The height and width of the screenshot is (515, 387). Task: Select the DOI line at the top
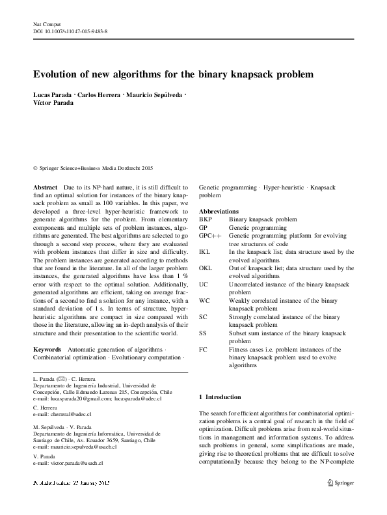[70, 31]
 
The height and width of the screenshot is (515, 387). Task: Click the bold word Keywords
[47, 350]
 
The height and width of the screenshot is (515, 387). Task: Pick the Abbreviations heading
[220, 212]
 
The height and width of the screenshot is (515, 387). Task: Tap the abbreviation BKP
[206, 220]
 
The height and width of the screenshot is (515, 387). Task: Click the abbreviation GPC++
[209, 236]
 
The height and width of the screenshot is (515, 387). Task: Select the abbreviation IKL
[205, 251]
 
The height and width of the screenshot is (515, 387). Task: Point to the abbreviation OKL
[206, 268]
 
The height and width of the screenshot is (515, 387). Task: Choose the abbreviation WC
[204, 300]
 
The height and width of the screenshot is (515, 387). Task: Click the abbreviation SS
[203, 333]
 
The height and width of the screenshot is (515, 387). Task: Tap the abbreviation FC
[203, 349]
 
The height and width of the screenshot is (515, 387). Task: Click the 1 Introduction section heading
[219, 397]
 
